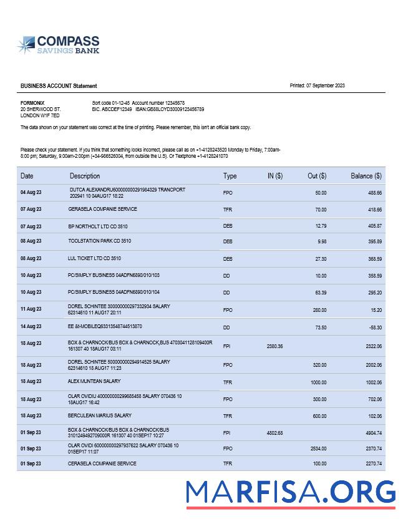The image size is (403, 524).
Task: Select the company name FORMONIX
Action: tap(32, 102)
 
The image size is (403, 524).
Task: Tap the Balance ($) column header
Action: tap(366, 176)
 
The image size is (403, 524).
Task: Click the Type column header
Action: tap(230, 176)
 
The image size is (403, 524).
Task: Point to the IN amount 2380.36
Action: tap(274, 346)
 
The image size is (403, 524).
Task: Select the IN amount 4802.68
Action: tap(274, 432)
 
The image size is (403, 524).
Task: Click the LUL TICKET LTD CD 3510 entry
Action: tap(94, 258)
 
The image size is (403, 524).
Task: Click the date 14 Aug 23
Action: tap(31, 326)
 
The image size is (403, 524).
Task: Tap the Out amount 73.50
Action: tap(320, 326)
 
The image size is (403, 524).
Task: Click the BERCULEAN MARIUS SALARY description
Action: tap(100, 415)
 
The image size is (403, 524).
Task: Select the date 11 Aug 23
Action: tap(31, 309)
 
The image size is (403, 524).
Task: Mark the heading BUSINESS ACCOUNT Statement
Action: tap(59, 86)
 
